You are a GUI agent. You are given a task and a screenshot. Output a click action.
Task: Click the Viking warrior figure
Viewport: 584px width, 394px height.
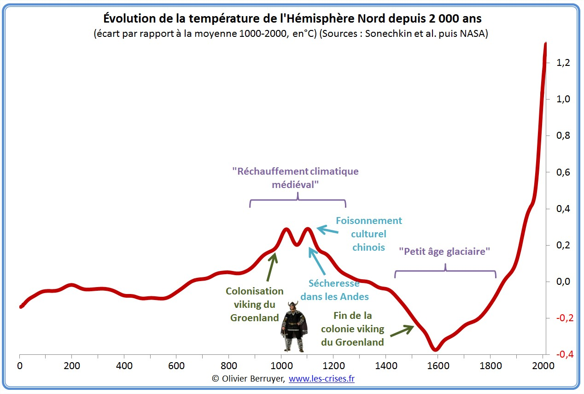pyautogui.click(x=294, y=326)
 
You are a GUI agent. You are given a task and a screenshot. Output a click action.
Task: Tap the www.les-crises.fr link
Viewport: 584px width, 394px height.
pyautogui.click(x=321, y=379)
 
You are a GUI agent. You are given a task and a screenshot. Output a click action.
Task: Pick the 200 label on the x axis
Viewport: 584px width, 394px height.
pyautogui.click(x=71, y=366)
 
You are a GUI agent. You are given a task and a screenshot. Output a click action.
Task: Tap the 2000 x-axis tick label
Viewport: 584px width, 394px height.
pyautogui.click(x=542, y=366)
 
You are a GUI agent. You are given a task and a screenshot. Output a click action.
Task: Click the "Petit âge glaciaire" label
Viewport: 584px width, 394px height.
pyautogui.click(x=444, y=252)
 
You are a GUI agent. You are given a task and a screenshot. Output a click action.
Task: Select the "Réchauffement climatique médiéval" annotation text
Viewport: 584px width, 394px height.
pyautogui.click(x=295, y=178)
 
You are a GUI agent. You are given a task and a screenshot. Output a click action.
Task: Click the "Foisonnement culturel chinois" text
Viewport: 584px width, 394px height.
pyautogui.click(x=368, y=234)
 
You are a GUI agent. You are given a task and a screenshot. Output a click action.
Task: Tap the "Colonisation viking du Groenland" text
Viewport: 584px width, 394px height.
pyautogui.click(x=255, y=304)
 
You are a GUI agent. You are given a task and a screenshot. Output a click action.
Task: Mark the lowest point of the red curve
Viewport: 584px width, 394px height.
pyautogui.click(x=435, y=349)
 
